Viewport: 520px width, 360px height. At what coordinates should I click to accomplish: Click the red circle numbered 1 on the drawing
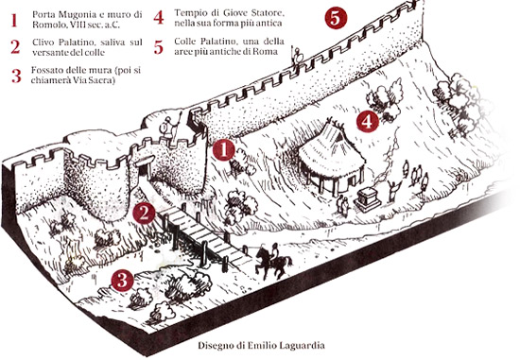coord(224,149)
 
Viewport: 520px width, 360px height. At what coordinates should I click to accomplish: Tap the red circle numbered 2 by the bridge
coord(144,214)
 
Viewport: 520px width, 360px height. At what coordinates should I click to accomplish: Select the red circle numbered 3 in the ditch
coord(122,280)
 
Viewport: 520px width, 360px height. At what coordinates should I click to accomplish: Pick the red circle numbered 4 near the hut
coord(368,121)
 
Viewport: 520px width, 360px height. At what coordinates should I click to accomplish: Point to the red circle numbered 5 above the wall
coord(336,18)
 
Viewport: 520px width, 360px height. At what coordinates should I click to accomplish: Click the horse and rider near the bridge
coord(273,261)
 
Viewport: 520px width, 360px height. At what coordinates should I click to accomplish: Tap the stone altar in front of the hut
coord(367,199)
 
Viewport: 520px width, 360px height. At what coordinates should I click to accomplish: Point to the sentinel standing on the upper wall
coord(297,57)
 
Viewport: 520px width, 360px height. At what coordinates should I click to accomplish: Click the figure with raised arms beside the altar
coord(393,190)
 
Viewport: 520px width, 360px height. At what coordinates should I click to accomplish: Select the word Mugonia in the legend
coord(78,14)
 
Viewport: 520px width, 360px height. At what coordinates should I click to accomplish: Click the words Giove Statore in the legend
coord(253,13)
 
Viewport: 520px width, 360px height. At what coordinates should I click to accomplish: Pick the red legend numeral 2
coord(15,46)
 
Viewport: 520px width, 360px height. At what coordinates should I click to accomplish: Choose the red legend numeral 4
coord(159,18)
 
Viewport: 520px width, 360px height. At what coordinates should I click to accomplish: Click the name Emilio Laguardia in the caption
coord(286,346)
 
